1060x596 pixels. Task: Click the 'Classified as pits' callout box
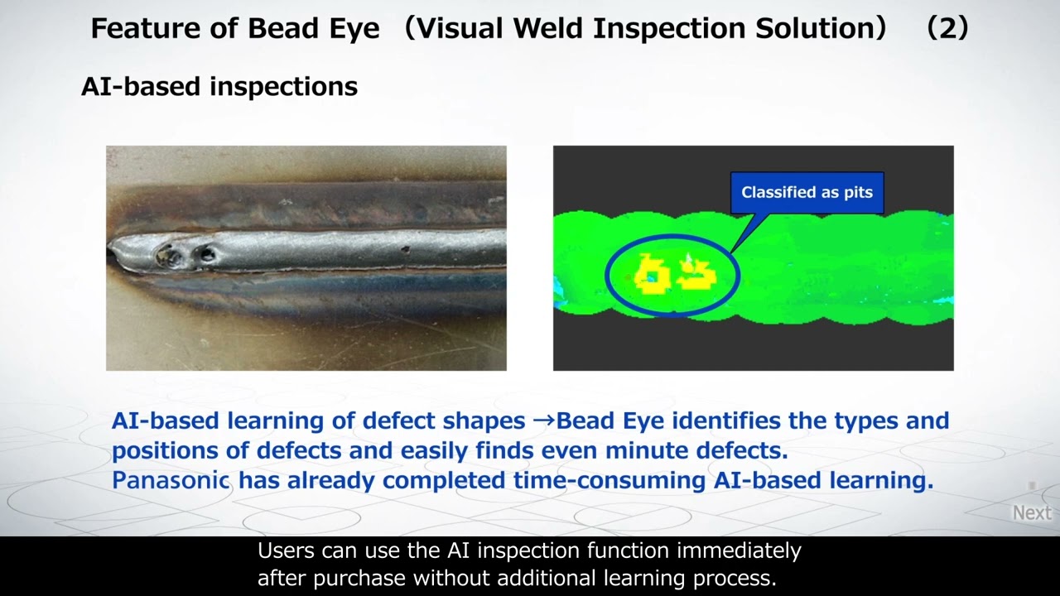[807, 193]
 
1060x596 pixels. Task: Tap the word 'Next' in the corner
[1032, 512]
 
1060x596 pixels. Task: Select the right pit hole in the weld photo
[205, 256]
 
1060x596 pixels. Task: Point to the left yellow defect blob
[651, 273]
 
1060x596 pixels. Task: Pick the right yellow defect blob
[696, 274]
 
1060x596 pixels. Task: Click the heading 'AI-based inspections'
[219, 87]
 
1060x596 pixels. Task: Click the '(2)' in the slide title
[947, 28]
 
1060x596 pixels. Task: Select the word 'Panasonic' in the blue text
[171, 480]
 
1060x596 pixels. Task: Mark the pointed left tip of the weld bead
[109, 249]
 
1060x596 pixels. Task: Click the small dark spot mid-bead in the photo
[405, 249]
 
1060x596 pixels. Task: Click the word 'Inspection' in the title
[669, 29]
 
